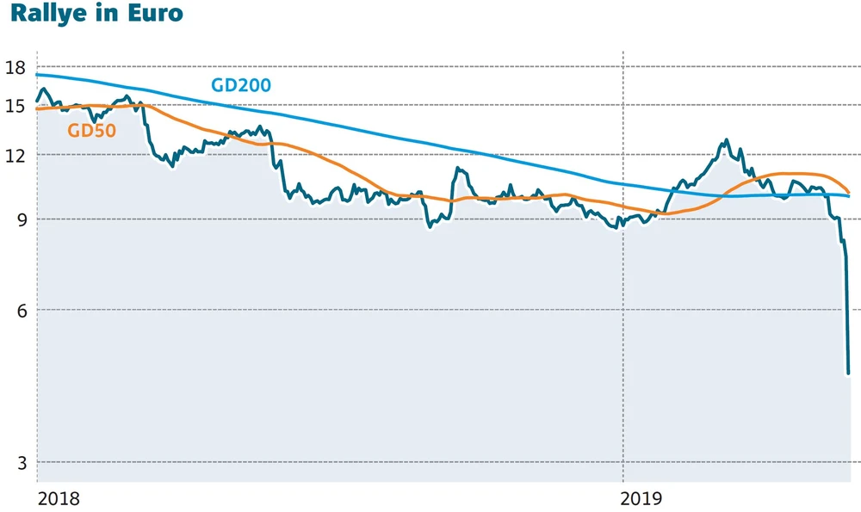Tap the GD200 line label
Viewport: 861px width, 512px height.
(x=241, y=85)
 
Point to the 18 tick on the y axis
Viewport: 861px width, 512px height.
(x=15, y=68)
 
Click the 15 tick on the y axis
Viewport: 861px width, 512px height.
(x=15, y=105)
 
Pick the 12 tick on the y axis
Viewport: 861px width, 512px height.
(x=15, y=154)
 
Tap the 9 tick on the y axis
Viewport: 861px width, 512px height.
(x=19, y=219)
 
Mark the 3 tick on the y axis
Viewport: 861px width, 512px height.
(x=19, y=462)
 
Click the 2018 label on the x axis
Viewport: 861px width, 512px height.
(x=59, y=498)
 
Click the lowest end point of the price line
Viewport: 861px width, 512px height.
(x=849, y=373)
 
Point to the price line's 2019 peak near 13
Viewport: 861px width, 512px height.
(x=727, y=139)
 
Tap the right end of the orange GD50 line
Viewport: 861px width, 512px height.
(x=849, y=192)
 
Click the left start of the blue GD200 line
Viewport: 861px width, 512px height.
(x=36, y=75)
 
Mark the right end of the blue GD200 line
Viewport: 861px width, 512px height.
(x=849, y=196)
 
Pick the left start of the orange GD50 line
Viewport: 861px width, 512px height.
(x=36, y=108)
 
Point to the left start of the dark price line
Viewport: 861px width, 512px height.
(x=36, y=102)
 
